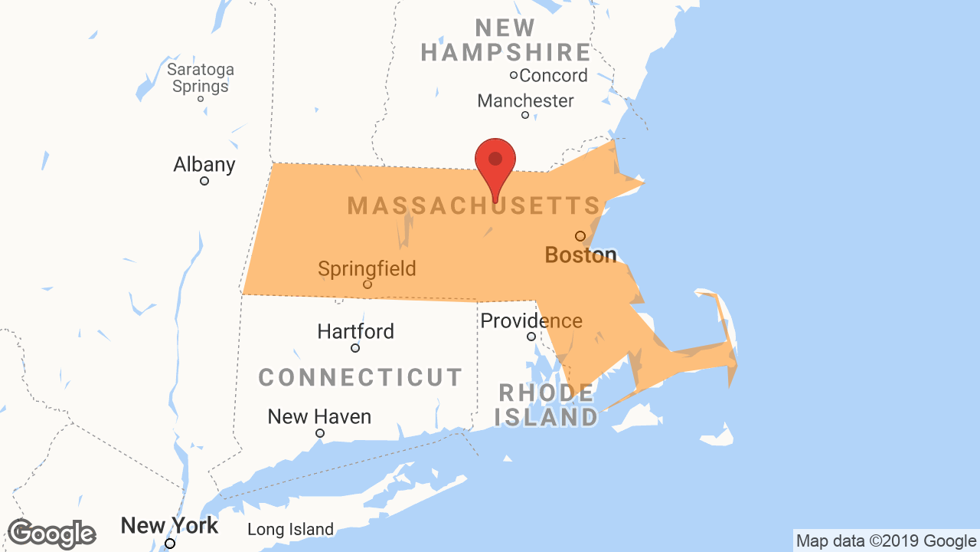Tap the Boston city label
580,255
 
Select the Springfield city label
367,269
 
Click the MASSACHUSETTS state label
474,205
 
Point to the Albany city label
204,165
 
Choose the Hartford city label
356,332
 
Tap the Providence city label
531,320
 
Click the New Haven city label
319,417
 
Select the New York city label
169,526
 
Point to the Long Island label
290,530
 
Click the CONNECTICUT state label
361,377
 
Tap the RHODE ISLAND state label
546,406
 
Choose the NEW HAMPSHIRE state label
506,41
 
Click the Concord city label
553,75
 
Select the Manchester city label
525,100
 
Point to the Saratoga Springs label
201,77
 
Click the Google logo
51,534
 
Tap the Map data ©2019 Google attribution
886,541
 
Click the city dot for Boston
580,236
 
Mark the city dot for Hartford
355,348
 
